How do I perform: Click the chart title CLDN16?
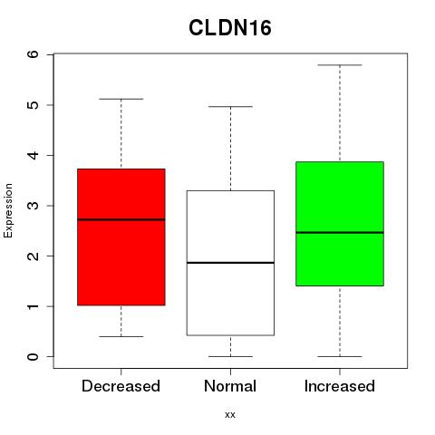(230, 28)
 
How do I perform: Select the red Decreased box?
(121, 237)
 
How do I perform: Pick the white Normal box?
(230, 263)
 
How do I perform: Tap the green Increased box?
(340, 224)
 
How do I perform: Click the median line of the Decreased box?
(121, 219)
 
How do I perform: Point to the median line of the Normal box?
(230, 263)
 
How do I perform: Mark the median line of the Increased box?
(340, 233)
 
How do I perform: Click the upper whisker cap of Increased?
(340, 65)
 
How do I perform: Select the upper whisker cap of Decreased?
(121, 99)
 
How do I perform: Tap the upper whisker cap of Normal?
(230, 106)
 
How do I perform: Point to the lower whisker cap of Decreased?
(121, 336)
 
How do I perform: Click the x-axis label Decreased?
(121, 386)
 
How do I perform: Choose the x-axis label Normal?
(230, 386)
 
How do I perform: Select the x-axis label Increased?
(340, 386)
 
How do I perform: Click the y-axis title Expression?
(8, 210)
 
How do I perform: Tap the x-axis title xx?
(230, 415)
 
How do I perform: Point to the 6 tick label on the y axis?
(34, 54)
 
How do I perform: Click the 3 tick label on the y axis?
(34, 206)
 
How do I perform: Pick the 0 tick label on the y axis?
(34, 357)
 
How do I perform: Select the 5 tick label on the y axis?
(34, 105)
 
